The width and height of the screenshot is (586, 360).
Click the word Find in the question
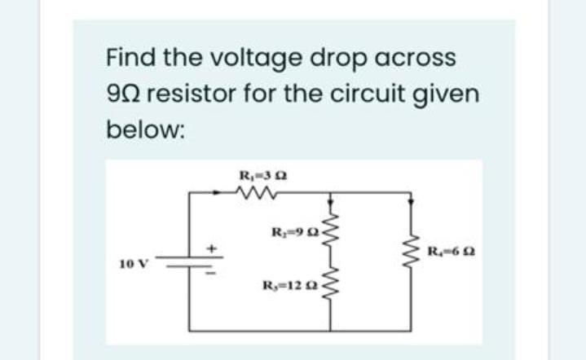click(129, 58)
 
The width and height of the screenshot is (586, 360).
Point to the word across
click(416, 59)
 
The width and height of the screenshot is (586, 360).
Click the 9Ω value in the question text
click(125, 94)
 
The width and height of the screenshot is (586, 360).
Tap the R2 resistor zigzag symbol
click(330, 225)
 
